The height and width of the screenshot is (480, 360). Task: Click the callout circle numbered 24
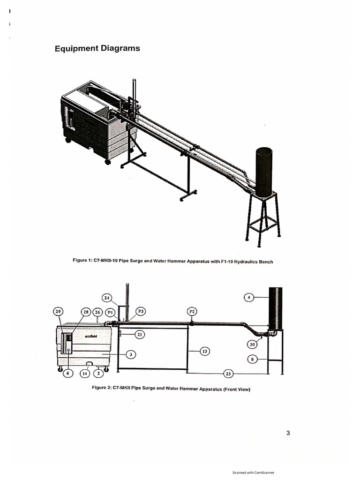(107, 297)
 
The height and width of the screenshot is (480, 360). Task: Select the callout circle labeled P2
(192, 311)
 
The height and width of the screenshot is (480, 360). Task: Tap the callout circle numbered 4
(249, 297)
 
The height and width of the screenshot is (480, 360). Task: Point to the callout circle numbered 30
(252, 345)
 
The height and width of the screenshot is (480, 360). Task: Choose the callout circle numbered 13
(204, 351)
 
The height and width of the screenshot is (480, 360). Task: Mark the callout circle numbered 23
(228, 374)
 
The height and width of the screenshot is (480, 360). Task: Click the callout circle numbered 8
(253, 359)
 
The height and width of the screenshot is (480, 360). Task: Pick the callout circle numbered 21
(139, 334)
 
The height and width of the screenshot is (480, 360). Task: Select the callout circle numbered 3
(132, 354)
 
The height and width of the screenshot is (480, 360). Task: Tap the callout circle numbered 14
(84, 374)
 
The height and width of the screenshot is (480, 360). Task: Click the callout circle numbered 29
(57, 311)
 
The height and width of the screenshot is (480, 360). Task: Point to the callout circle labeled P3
(141, 311)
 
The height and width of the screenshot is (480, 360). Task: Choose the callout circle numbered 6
(67, 374)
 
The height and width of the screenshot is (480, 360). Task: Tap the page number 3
(288, 433)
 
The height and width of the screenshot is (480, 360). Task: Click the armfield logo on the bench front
(92, 336)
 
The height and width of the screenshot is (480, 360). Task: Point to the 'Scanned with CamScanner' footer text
(253, 472)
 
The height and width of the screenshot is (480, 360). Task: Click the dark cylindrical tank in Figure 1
(263, 171)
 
